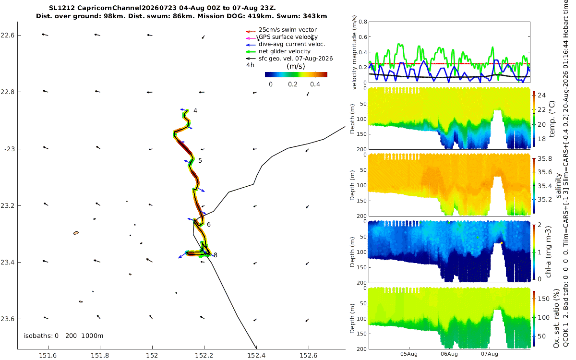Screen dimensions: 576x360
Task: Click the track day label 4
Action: [195, 111]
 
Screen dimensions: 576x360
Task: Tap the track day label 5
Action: [200, 161]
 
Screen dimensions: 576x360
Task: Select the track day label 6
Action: [208, 225]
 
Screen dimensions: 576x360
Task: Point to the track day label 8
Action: [216, 255]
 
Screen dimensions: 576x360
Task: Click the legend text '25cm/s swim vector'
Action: [288, 30]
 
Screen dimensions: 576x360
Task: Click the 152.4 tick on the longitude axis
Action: [256, 355]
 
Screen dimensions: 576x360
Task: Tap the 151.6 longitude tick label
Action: [48, 355]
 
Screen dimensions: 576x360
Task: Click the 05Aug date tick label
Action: [408, 354]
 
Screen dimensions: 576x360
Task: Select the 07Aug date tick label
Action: [489, 354]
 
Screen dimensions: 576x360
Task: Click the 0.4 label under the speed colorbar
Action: [315, 84]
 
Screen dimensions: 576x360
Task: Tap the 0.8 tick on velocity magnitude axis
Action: [363, 22]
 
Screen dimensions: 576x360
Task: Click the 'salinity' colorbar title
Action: [558, 186]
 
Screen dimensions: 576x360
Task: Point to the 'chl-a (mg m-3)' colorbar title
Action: [548, 252]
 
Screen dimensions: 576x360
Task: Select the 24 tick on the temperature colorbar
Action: [541, 96]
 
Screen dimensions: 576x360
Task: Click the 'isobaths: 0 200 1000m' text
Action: [63, 336]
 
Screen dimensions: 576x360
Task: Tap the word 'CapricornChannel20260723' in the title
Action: [128, 8]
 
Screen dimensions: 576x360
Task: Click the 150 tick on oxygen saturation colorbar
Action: [543, 299]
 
